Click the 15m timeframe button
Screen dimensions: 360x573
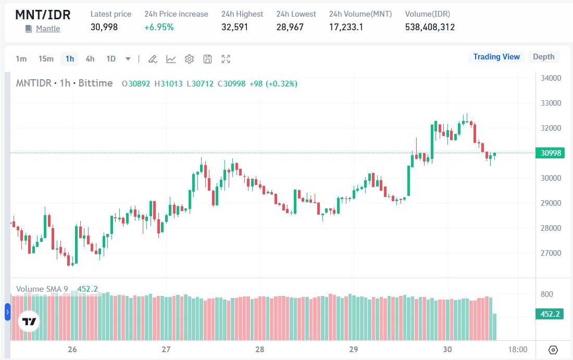tap(46, 59)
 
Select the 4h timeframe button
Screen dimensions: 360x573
tap(90, 59)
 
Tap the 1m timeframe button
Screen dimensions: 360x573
tap(21, 59)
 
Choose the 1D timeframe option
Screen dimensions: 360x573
tap(111, 59)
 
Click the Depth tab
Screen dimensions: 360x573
tap(543, 57)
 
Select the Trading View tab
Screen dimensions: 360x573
tap(496, 57)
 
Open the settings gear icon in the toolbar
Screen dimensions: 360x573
tap(189, 59)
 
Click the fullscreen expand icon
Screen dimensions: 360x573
tap(226, 59)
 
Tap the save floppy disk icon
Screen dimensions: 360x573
tap(207, 59)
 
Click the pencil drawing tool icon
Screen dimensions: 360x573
tap(153, 59)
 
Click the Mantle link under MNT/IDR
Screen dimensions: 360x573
tap(48, 29)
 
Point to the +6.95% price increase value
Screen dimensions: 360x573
tap(159, 27)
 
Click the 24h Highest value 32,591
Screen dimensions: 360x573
tap(235, 27)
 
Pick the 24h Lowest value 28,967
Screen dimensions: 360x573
tap(290, 27)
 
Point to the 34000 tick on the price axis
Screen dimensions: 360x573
tap(550, 78)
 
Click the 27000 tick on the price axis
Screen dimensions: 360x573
tap(550, 253)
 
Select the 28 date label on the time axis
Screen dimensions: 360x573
tap(259, 349)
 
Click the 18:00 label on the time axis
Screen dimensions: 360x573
tap(517, 349)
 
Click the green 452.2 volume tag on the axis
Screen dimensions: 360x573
tap(549, 314)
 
